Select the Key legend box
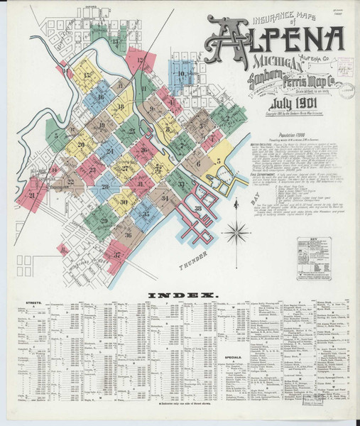(309, 251)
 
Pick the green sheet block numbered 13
(116, 41)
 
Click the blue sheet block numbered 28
(105, 187)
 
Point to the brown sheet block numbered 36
(128, 234)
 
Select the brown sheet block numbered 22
(70, 182)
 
